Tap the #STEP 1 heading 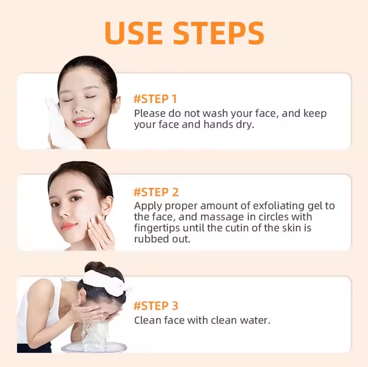[155, 99]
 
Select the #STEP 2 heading [156, 192]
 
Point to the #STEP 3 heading [156, 306]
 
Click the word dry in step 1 [245, 125]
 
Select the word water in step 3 [254, 320]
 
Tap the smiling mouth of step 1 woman [83, 122]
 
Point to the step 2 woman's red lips [68, 226]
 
